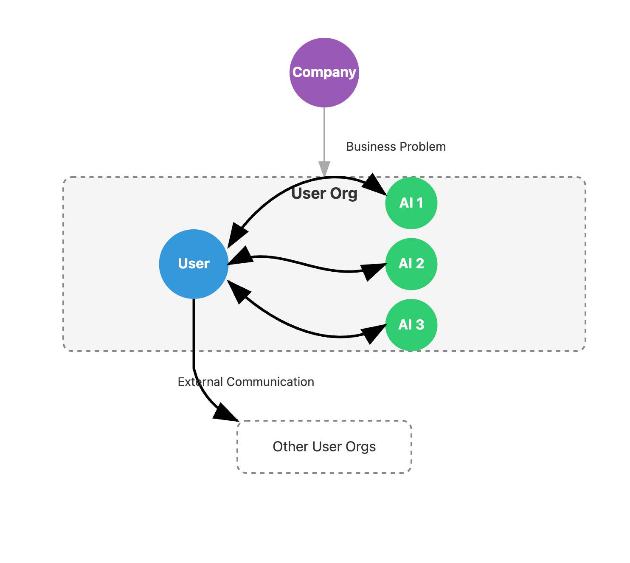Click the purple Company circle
pos(324,73)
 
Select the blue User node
pos(194,264)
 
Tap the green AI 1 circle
pos(411,203)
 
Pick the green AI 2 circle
pos(411,264)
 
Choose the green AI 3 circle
pos(411,325)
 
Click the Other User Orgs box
pos(324,447)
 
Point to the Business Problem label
pos(396,146)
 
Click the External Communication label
pos(246,382)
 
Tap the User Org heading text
pos(324,193)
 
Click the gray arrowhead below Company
pos(324,168)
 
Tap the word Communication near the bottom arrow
pos(270,382)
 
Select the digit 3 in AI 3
pos(420,325)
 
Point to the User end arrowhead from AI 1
pos(238,236)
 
